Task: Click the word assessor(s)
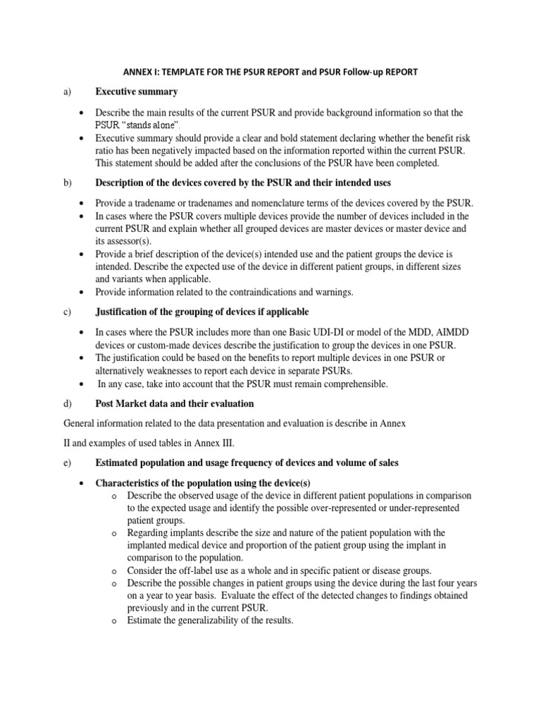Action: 118,241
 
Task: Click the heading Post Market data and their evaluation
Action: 175,404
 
